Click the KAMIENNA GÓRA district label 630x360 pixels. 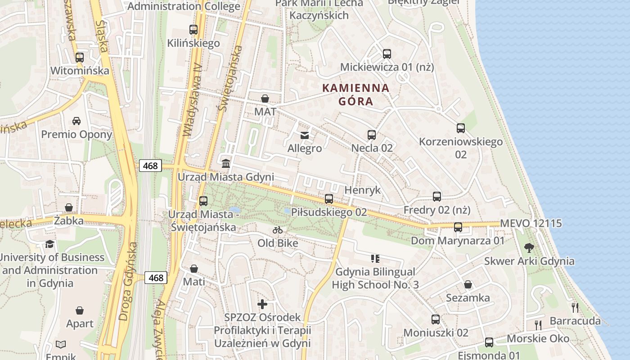click(x=356, y=94)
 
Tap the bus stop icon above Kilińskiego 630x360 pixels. click(x=193, y=30)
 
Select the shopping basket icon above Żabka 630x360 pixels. click(x=69, y=207)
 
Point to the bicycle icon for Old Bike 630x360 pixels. click(x=278, y=230)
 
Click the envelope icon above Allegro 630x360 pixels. click(x=305, y=135)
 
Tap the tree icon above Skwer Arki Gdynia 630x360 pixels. click(x=529, y=247)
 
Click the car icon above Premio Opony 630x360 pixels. click(x=76, y=121)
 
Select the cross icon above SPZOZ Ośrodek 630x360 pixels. click(x=262, y=304)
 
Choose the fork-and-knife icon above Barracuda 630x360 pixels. click(x=575, y=308)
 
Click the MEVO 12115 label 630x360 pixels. click(x=531, y=223)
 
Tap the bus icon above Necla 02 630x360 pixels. click(x=372, y=135)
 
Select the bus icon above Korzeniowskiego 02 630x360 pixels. click(x=461, y=128)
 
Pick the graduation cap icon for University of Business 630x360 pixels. click(x=49, y=244)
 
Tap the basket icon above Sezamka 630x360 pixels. click(x=468, y=284)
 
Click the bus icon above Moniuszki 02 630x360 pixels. click(x=436, y=319)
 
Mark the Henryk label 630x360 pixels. click(x=362, y=190)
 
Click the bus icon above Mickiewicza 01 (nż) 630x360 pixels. click(x=387, y=54)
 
